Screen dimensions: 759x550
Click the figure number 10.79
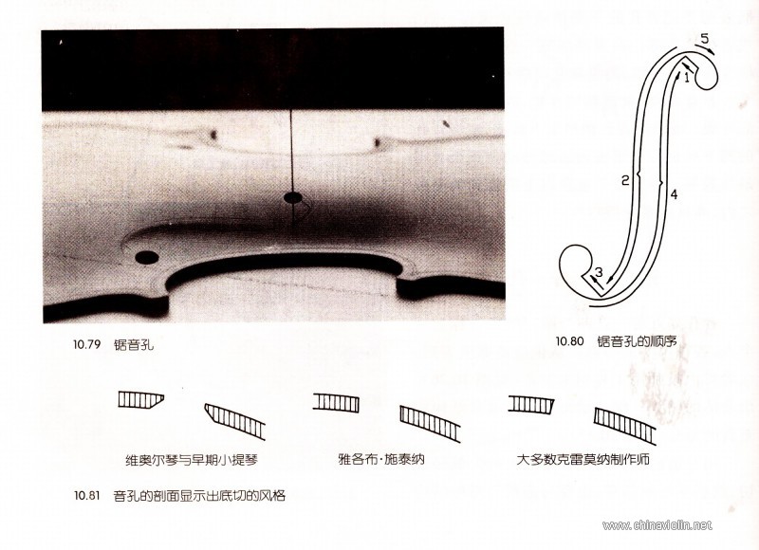click(x=86, y=344)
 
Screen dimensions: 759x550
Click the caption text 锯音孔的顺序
click(x=637, y=341)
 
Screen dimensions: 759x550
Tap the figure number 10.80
click(x=570, y=341)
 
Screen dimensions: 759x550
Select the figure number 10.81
click(x=86, y=495)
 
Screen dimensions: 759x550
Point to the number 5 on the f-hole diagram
click(x=704, y=38)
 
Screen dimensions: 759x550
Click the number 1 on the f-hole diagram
click(x=686, y=78)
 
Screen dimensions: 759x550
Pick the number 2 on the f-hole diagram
click(x=625, y=180)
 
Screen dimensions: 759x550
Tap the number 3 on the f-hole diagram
click(x=599, y=272)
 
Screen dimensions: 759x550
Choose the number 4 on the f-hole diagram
click(x=674, y=194)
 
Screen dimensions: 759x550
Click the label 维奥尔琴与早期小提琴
click(x=192, y=459)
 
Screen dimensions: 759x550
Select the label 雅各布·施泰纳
click(x=381, y=459)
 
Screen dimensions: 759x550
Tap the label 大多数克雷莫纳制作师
click(x=583, y=459)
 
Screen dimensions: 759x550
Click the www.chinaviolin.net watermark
click(x=657, y=524)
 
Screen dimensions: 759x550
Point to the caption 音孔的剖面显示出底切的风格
click(x=199, y=495)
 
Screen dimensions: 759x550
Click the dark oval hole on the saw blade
click(x=292, y=197)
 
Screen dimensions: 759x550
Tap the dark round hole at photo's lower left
click(x=147, y=257)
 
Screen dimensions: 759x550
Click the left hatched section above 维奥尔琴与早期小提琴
click(x=140, y=399)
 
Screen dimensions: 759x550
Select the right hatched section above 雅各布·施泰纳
click(x=430, y=424)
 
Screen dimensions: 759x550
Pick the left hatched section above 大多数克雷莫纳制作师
click(x=530, y=404)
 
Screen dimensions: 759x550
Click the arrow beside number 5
click(x=705, y=49)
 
